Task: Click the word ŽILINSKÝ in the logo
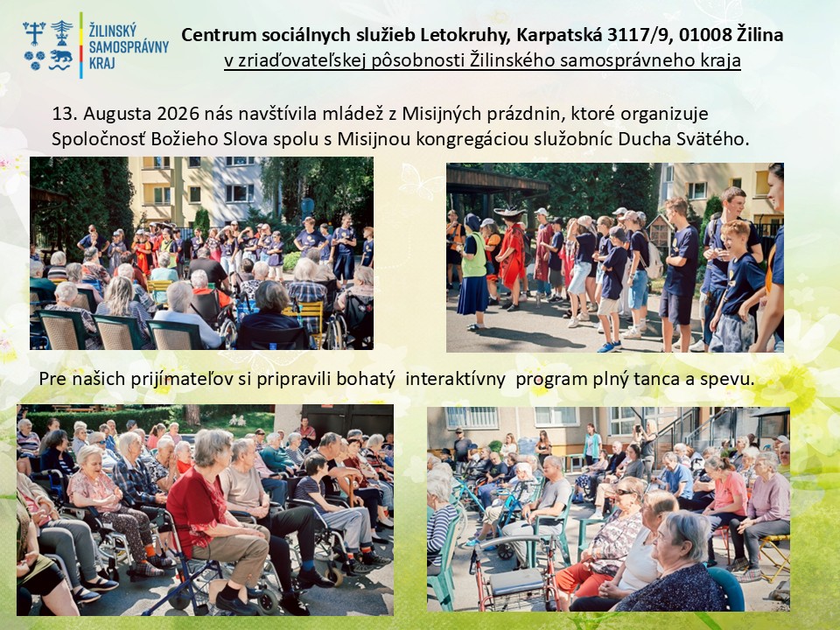coord(113,30)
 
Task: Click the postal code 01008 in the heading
coord(705,35)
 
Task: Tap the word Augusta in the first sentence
coord(117,115)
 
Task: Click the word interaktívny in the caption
coord(455,379)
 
